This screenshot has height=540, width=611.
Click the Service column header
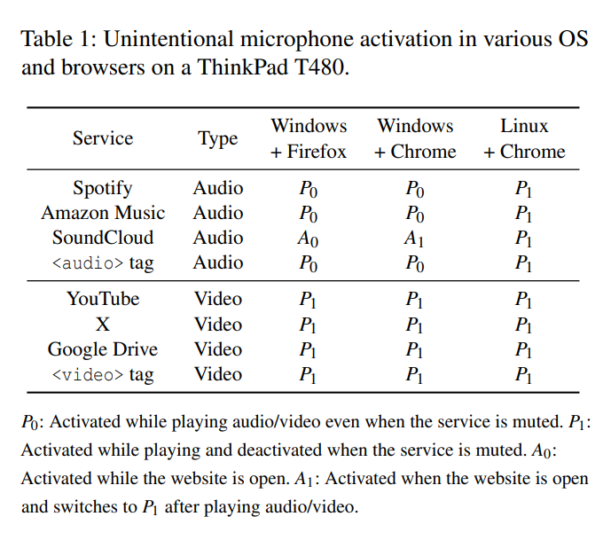click(103, 138)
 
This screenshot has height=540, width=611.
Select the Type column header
click(218, 139)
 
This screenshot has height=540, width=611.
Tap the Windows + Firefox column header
click(309, 138)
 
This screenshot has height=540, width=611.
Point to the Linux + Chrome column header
click(524, 138)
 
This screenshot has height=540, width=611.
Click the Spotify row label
click(103, 189)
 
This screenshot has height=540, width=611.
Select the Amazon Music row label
click(103, 213)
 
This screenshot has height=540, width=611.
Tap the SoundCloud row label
click(103, 238)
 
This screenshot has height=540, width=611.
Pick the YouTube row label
click(103, 299)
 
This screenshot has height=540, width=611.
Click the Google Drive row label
click(103, 349)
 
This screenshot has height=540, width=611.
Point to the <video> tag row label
click(103, 374)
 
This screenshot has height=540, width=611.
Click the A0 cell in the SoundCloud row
click(308, 239)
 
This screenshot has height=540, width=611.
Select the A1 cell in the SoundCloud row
click(414, 239)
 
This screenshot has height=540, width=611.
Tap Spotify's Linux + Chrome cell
click(523, 189)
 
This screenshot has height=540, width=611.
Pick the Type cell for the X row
click(218, 325)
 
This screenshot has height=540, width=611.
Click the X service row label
click(103, 325)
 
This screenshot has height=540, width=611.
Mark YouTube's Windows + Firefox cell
click(308, 300)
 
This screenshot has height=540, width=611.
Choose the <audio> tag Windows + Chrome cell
click(415, 263)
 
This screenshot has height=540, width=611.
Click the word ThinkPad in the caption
click(242, 67)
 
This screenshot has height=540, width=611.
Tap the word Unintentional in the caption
click(168, 39)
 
